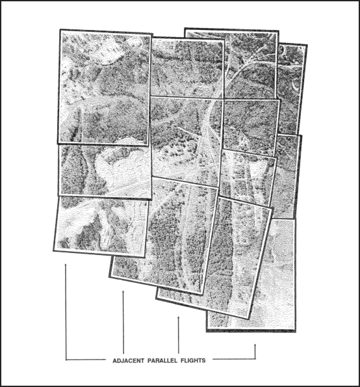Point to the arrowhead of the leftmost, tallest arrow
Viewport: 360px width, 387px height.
click(x=66, y=265)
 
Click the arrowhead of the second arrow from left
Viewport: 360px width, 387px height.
click(x=123, y=293)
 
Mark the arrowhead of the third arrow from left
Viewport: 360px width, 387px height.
click(x=179, y=317)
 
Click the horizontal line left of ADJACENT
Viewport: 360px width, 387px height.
click(x=84, y=360)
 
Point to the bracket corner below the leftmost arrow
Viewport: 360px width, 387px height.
click(x=66, y=360)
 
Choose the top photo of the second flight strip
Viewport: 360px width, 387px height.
click(x=185, y=65)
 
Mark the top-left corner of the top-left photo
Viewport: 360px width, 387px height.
click(x=60, y=30)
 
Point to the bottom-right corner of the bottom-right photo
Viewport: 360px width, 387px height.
click(x=294, y=331)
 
